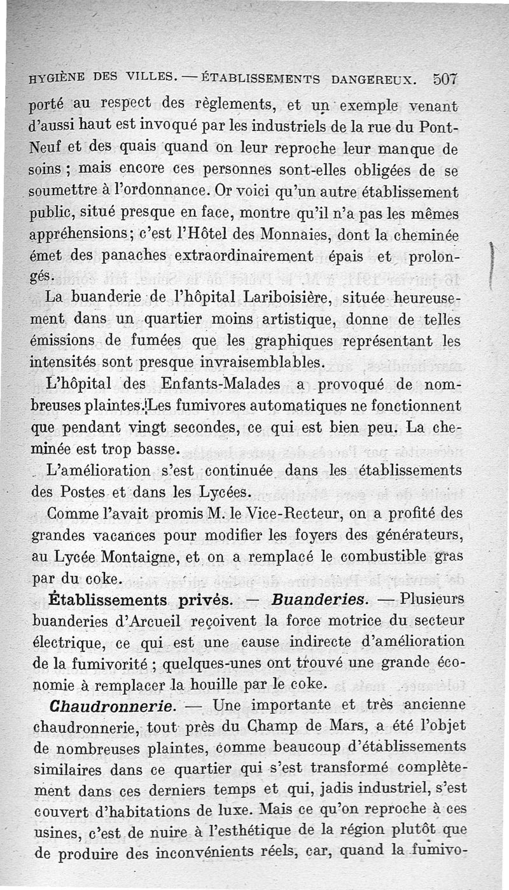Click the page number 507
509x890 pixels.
(x=445, y=80)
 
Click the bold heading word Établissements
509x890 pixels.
(x=107, y=600)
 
